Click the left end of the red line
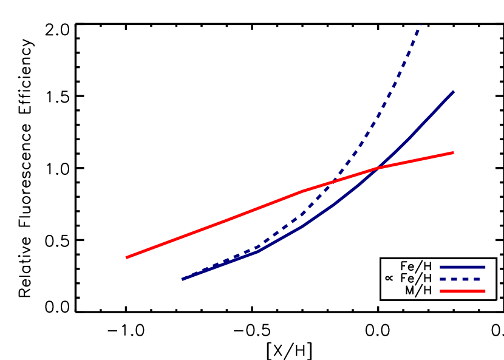(x=126, y=257)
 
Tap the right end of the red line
(x=453, y=152)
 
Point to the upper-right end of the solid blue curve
(x=454, y=91)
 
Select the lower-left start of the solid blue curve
(x=183, y=279)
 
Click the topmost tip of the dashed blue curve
(x=420, y=24)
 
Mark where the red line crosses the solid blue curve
(x=378, y=168)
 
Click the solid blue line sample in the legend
(x=463, y=267)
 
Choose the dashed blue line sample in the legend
(x=460, y=279)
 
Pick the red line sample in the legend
(x=463, y=291)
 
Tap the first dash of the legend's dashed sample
(x=443, y=279)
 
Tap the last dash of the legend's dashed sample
(x=477, y=279)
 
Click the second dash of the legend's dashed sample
(x=454, y=279)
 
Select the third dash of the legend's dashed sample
(x=465, y=279)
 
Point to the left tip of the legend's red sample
(x=440, y=291)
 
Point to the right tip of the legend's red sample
(x=485, y=291)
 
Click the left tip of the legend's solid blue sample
(x=440, y=267)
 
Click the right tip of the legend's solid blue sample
(x=485, y=267)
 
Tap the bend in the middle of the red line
(x=302, y=191)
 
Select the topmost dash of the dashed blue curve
(x=418, y=30)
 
